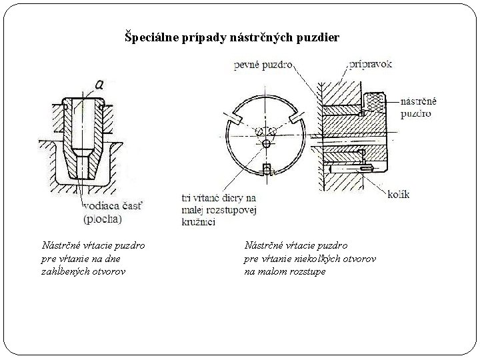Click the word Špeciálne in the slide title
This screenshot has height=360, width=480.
tap(151, 38)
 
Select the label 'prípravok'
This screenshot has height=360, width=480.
tap(371, 65)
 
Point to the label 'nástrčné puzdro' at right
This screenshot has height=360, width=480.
tap(419, 108)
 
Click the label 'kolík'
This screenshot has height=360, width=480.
tap(398, 195)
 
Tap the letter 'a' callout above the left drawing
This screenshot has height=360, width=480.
tap(99, 85)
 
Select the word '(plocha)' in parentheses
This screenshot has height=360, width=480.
tap(102, 219)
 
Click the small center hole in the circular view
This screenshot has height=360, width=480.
tap(267, 143)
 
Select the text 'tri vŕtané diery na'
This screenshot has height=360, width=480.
tap(218, 198)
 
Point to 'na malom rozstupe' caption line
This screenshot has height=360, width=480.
tap(285, 271)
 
